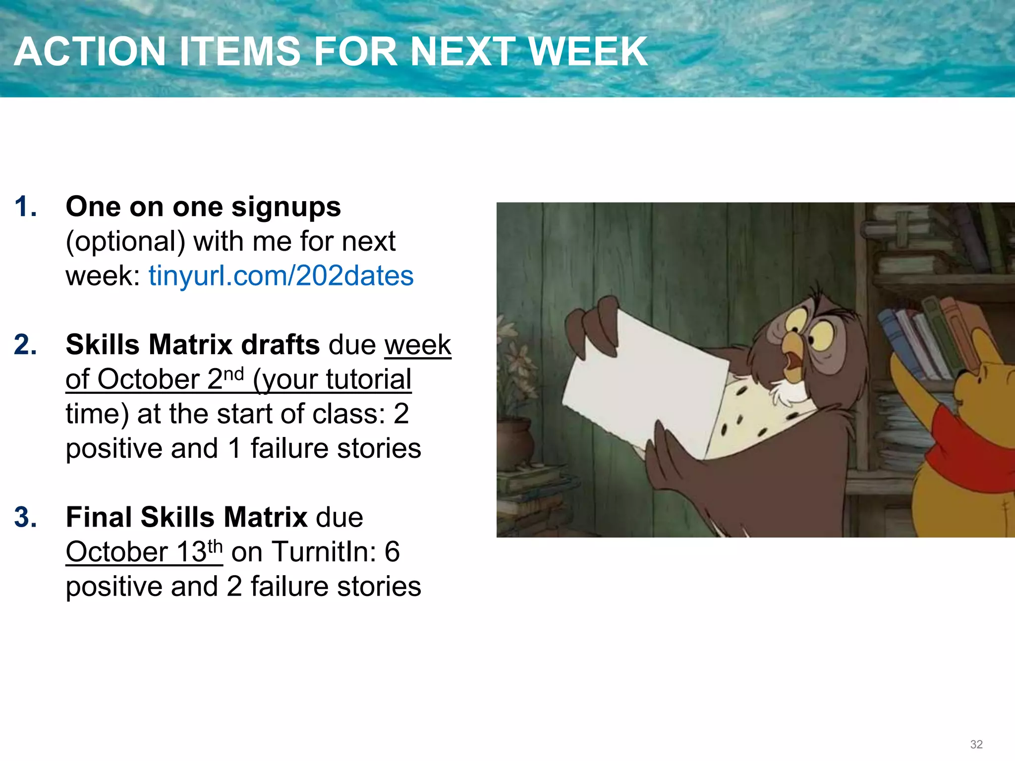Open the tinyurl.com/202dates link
(x=281, y=275)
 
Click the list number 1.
(x=25, y=207)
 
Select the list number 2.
(x=25, y=345)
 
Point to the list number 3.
(x=25, y=517)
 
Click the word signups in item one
(x=286, y=207)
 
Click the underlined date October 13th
(x=144, y=551)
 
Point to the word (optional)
(x=125, y=242)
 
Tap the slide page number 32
(x=976, y=744)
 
